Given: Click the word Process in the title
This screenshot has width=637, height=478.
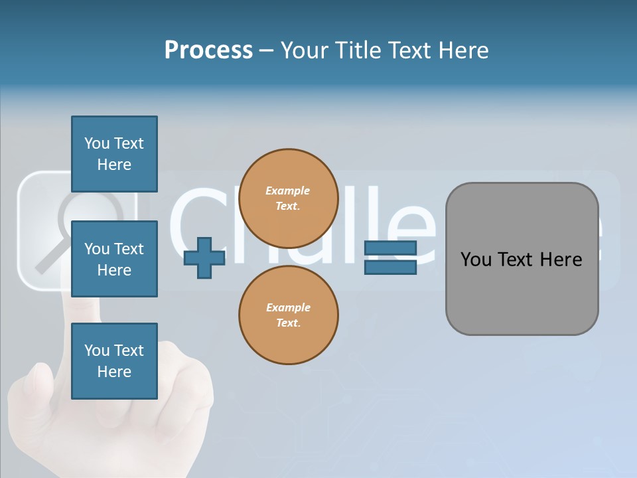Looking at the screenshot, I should click(208, 50).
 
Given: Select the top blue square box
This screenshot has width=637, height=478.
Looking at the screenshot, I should click(114, 154).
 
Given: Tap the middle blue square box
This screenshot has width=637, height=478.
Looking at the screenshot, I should click(114, 259).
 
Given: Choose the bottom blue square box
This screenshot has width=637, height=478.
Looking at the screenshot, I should click(114, 361).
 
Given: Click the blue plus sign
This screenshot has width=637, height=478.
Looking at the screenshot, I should click(204, 258).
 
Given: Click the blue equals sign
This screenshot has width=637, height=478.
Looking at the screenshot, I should click(390, 258).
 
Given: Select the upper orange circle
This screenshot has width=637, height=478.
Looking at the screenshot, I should click(288, 198).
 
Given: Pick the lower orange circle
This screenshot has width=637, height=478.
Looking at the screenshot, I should click(288, 315).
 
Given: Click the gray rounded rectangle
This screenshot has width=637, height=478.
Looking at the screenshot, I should click(522, 259).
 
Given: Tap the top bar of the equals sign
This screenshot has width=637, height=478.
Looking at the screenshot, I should click(390, 248).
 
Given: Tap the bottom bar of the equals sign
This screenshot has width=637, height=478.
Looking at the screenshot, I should click(390, 267).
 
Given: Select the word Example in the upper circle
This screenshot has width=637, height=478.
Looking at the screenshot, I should click(288, 191).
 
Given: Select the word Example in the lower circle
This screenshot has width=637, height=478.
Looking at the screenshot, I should click(288, 307).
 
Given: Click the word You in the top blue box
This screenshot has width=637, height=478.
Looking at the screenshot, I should click(97, 143).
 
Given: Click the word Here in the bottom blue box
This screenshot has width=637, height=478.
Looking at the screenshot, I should click(114, 372).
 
